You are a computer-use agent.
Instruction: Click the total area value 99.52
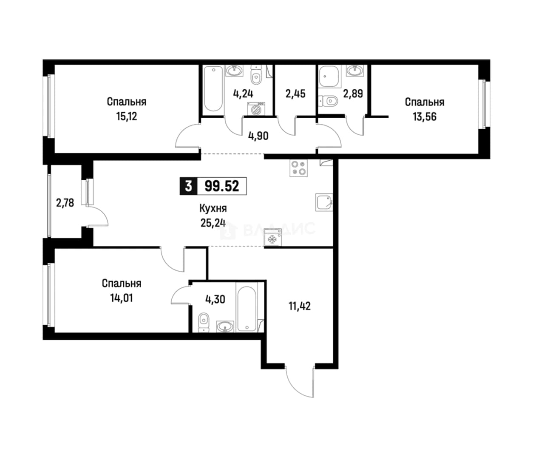tap(222, 186)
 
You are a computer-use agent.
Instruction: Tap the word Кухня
tap(213, 208)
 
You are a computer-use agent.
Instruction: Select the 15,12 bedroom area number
tap(127, 116)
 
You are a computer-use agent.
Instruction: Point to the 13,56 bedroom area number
tap(425, 117)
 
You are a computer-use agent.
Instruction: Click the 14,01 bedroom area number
tap(122, 298)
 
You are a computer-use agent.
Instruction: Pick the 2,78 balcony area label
tap(65, 203)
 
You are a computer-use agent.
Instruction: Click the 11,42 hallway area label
tap(300, 307)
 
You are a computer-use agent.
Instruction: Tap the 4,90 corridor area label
tap(258, 136)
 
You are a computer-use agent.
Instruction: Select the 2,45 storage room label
tap(295, 94)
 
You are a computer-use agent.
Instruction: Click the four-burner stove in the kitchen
tap(299, 168)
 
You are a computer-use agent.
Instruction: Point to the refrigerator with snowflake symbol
tap(273, 238)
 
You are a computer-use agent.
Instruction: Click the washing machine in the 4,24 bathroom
tap(256, 109)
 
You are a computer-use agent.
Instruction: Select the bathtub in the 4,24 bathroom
tap(213, 89)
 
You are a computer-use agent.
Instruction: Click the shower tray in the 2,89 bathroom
tap(329, 77)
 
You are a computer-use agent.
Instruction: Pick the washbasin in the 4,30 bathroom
tap(225, 326)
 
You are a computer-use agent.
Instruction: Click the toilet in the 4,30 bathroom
tap(204, 322)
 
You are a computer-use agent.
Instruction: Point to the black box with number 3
tap(188, 186)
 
